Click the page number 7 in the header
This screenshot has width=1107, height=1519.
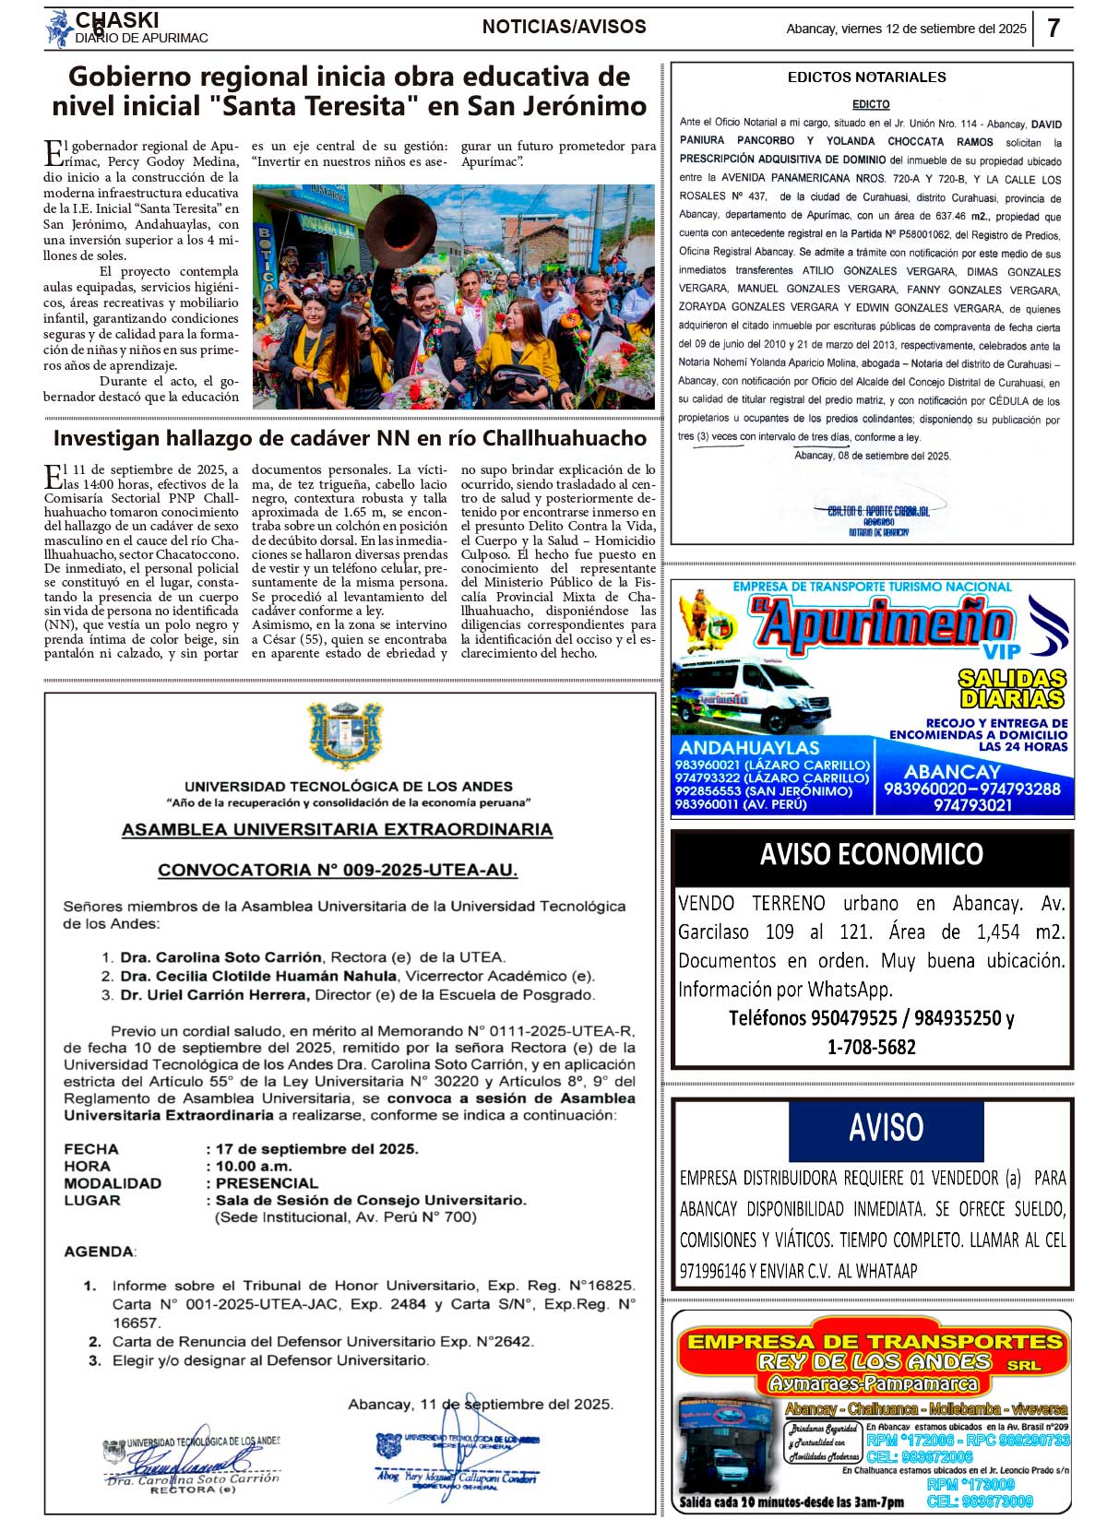(x=1053, y=28)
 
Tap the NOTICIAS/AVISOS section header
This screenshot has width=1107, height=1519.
(x=564, y=27)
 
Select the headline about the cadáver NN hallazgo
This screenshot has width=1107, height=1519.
(x=350, y=437)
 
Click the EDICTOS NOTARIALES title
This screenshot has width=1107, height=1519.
(x=866, y=77)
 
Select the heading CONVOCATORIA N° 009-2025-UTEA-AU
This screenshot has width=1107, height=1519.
(x=338, y=870)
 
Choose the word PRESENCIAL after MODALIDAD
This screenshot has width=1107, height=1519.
(x=267, y=1183)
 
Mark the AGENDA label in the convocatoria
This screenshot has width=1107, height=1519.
(x=99, y=1252)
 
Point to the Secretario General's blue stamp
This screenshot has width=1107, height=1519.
(x=457, y=1458)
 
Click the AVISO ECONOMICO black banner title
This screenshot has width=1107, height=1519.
(x=871, y=855)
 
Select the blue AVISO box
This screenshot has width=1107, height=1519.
(x=886, y=1128)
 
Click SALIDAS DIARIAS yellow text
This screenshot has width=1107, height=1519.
(x=1012, y=689)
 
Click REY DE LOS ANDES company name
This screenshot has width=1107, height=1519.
(x=875, y=1362)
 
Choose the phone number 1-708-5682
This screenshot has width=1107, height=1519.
(x=871, y=1047)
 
